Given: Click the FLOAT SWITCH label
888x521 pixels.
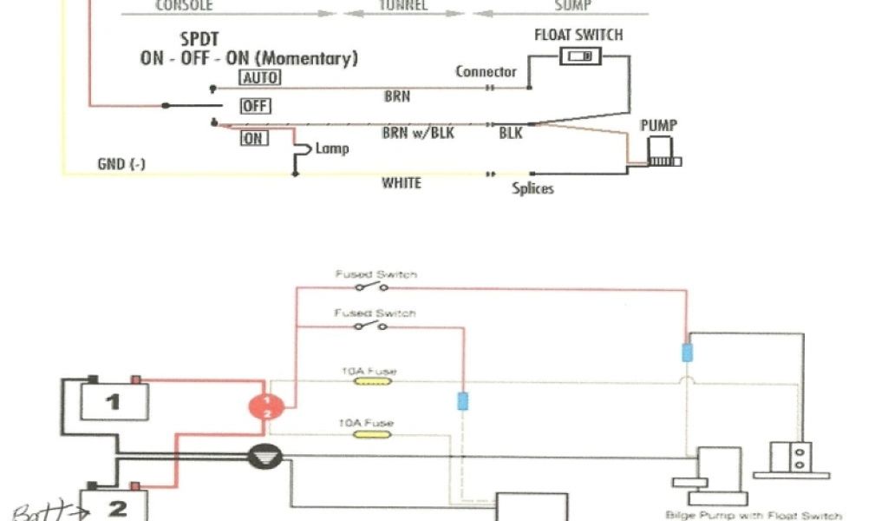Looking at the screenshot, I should coord(578,36).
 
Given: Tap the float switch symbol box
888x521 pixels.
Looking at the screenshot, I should coord(580,57).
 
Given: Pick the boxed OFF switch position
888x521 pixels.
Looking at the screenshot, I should coord(256,106).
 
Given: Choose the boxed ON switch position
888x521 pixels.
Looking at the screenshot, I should coord(254,138).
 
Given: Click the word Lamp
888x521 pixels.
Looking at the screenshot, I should coord(332,148).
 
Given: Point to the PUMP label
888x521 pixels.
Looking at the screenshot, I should coord(657,125).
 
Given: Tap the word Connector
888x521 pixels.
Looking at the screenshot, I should coord(486,72).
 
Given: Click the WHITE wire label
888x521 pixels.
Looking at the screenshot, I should coord(402,183).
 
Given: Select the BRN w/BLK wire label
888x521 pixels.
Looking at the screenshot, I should coord(418,134).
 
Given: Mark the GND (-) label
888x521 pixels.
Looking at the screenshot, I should coord(121,164).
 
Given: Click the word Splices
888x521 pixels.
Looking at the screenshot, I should coord(532,188).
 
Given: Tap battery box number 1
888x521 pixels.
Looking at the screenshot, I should coord(114,401).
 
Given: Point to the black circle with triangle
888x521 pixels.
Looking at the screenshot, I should coord(261,458).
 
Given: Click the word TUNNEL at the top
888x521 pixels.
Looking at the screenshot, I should coord(403,5).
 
